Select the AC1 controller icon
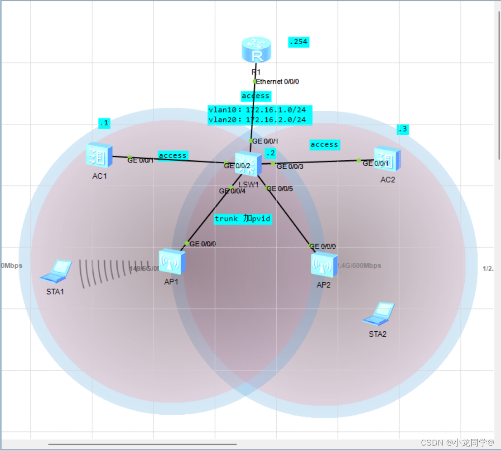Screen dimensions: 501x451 pos(99,156)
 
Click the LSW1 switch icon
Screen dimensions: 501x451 pos(248,164)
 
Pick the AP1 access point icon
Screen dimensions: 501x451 pos(172,262)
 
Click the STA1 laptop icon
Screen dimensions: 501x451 pos(57,271)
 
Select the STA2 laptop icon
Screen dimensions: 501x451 pos(378,314)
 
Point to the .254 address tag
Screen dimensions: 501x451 pos(298,42)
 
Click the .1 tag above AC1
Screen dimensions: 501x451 pos(104,123)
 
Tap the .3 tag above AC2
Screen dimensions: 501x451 pos(402,129)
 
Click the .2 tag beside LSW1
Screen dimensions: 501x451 pos(270,153)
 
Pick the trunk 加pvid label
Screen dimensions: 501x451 pos(243,219)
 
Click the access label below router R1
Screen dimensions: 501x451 pos(255,96)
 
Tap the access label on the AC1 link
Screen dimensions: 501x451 pos(173,155)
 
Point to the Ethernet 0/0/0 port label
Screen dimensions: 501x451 pos(278,82)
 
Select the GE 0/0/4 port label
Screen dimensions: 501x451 pos(232,191)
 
